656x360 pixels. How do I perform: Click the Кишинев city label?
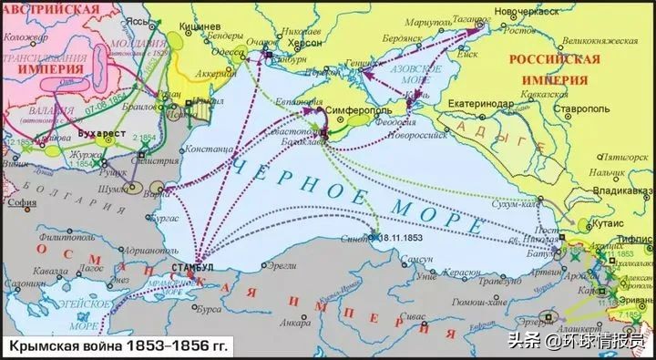(208, 30)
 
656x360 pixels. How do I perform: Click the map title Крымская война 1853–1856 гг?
(120, 345)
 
